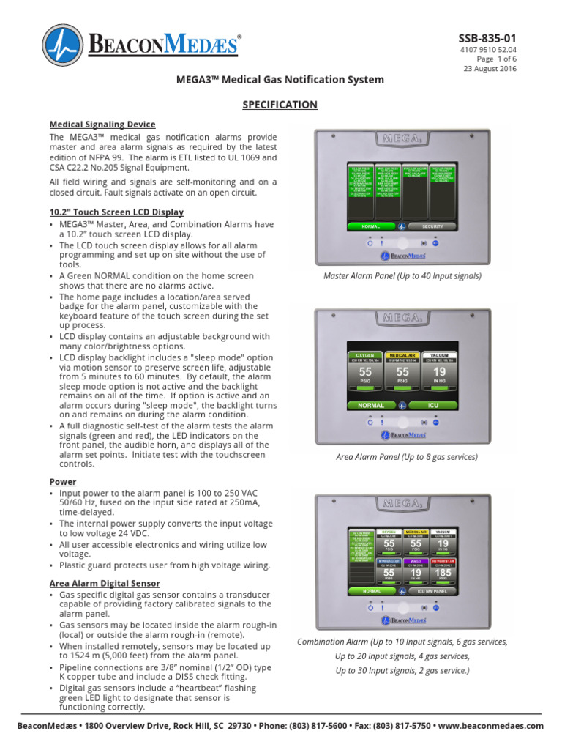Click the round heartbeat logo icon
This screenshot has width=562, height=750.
pos(63,45)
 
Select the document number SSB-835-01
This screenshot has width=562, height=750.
pos(487,37)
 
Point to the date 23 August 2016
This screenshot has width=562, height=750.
pos(490,69)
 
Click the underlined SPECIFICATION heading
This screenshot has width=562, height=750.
pos(280,105)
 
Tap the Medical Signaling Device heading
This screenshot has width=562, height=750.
pos(102,124)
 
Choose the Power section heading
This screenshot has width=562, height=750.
pos(63,482)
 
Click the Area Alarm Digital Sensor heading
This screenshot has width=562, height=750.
pos(104,583)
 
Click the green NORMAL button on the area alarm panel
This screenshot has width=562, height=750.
pos(371,404)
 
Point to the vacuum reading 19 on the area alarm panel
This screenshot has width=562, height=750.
pos(440,373)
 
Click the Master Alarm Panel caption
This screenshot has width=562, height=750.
pos(402,276)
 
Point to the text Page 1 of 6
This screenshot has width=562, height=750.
pos(497,59)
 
